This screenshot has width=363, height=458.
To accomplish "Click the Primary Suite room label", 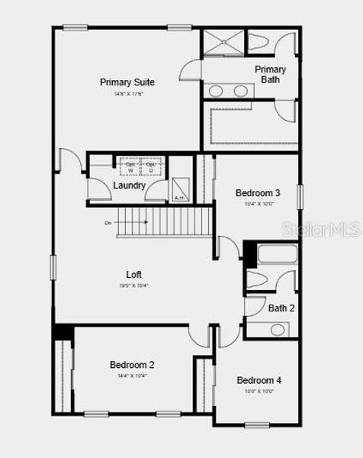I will point(127,82).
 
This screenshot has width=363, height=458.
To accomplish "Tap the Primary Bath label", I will point(270,74).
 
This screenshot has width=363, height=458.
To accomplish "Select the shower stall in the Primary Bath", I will point(223,43).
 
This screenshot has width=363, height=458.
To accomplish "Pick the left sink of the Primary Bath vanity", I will point(217,91).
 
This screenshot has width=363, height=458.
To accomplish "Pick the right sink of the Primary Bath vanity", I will point(241,91).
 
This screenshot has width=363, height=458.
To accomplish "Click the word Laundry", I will point(130,185).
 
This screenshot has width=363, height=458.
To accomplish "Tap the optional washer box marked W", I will point(130,167).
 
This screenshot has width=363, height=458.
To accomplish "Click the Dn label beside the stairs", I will point(108,223).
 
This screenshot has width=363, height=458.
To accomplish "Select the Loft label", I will point(134,275).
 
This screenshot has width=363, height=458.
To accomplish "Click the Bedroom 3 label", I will point(258,193).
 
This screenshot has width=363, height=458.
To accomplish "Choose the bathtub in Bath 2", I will point(275,254).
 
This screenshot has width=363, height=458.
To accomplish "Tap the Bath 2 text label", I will point(281,308).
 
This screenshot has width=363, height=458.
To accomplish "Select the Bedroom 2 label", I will point(132,365).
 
